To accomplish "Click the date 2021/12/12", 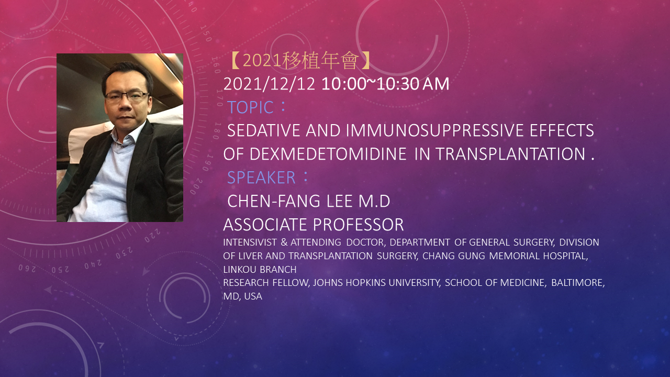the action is tap(269, 84).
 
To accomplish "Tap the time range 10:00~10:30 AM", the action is tap(385, 84).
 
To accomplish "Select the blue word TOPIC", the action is tap(250, 107).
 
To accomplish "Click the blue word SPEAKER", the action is tap(261, 178).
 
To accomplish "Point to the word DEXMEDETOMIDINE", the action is tap(328, 154).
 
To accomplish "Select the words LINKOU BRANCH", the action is tap(260, 269).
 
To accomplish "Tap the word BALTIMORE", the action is tap(578, 282).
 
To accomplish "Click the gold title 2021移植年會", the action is tap(300, 60).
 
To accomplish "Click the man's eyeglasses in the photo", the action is tap(127, 96).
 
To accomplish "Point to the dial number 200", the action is tap(196, 186).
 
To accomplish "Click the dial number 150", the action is tap(206, 33).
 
